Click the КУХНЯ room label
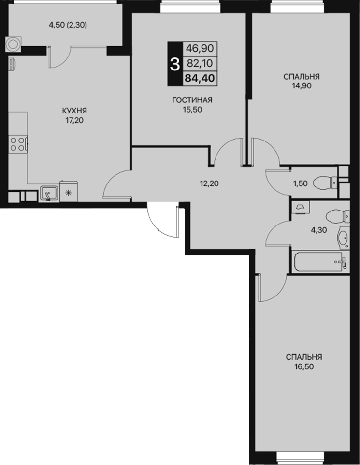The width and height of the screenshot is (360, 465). (74, 111)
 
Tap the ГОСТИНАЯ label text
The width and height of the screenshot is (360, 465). (192, 100)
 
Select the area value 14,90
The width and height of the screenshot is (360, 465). (302, 86)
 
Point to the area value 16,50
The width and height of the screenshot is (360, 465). (304, 367)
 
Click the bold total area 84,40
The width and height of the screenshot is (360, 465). (200, 78)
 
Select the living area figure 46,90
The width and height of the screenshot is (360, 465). (200, 48)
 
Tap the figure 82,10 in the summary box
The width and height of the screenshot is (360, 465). (200, 63)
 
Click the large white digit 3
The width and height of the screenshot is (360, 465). (174, 64)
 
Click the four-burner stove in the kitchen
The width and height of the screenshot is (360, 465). (17, 144)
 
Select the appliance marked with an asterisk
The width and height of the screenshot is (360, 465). (69, 192)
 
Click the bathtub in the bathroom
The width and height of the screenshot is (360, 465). (320, 262)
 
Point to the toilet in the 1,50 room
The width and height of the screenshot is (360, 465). (325, 183)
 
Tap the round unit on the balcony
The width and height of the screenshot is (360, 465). (13, 44)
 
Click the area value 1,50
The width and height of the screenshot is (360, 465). (301, 183)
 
